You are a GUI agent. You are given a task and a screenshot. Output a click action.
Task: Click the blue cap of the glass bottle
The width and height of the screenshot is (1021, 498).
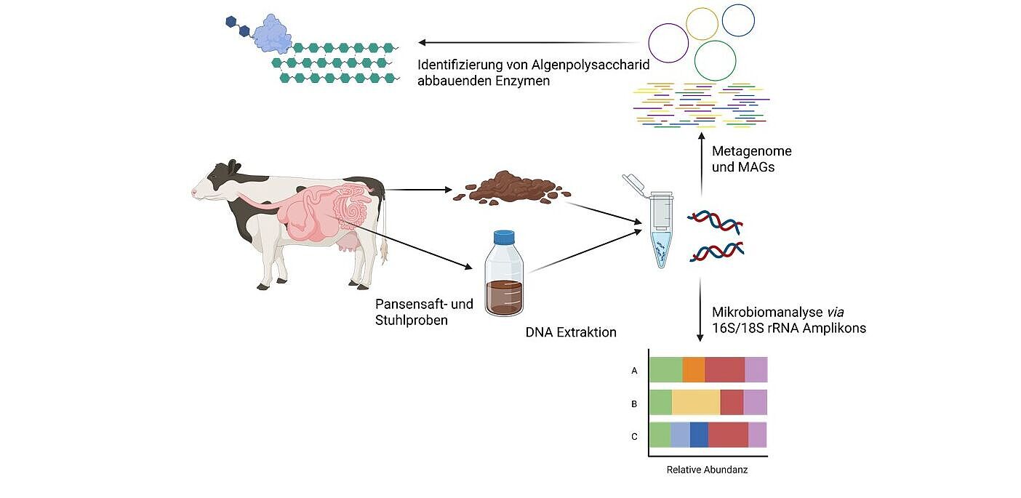(x=504, y=238)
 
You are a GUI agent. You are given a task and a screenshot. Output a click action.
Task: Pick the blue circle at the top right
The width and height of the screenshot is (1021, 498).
(x=738, y=20)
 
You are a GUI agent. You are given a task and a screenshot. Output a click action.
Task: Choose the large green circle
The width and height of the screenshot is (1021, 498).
(x=715, y=60)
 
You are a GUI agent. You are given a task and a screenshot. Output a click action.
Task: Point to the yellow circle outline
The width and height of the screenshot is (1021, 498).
(x=702, y=23)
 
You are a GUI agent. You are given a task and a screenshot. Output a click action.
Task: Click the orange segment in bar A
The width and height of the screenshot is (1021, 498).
(x=694, y=370)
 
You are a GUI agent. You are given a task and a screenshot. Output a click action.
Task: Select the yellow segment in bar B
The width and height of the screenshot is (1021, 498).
(x=696, y=402)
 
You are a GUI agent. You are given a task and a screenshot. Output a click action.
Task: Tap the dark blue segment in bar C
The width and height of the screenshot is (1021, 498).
(x=699, y=435)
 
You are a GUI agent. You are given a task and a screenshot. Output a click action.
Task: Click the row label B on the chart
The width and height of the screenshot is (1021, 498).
(x=634, y=403)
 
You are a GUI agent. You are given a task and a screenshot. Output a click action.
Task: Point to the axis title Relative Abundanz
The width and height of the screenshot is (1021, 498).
(x=707, y=470)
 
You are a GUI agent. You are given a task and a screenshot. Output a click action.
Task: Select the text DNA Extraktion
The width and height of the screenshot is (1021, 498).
(x=571, y=332)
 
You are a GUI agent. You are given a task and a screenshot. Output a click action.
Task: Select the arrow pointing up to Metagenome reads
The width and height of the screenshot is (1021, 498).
(x=701, y=160)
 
